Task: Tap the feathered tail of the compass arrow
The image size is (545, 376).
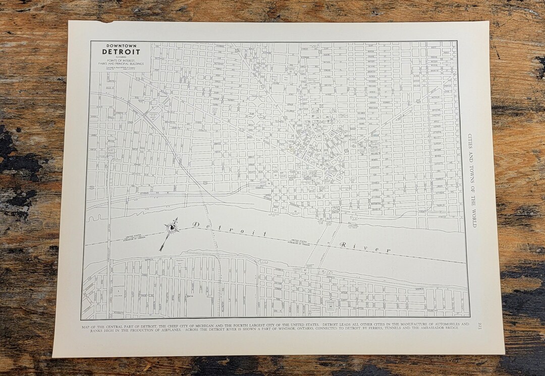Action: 162,247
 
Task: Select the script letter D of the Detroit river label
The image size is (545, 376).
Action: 195,224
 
